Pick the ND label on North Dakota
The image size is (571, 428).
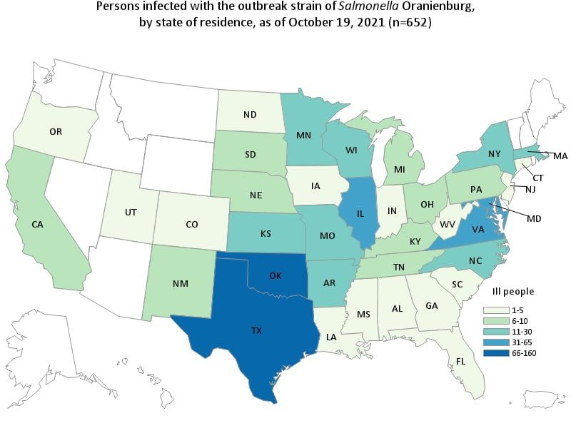click(251, 114)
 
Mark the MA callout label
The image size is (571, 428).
click(560, 156)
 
